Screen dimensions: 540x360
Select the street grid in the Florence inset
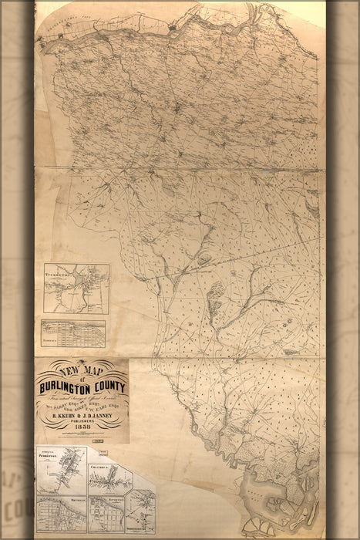coord(73,330)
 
